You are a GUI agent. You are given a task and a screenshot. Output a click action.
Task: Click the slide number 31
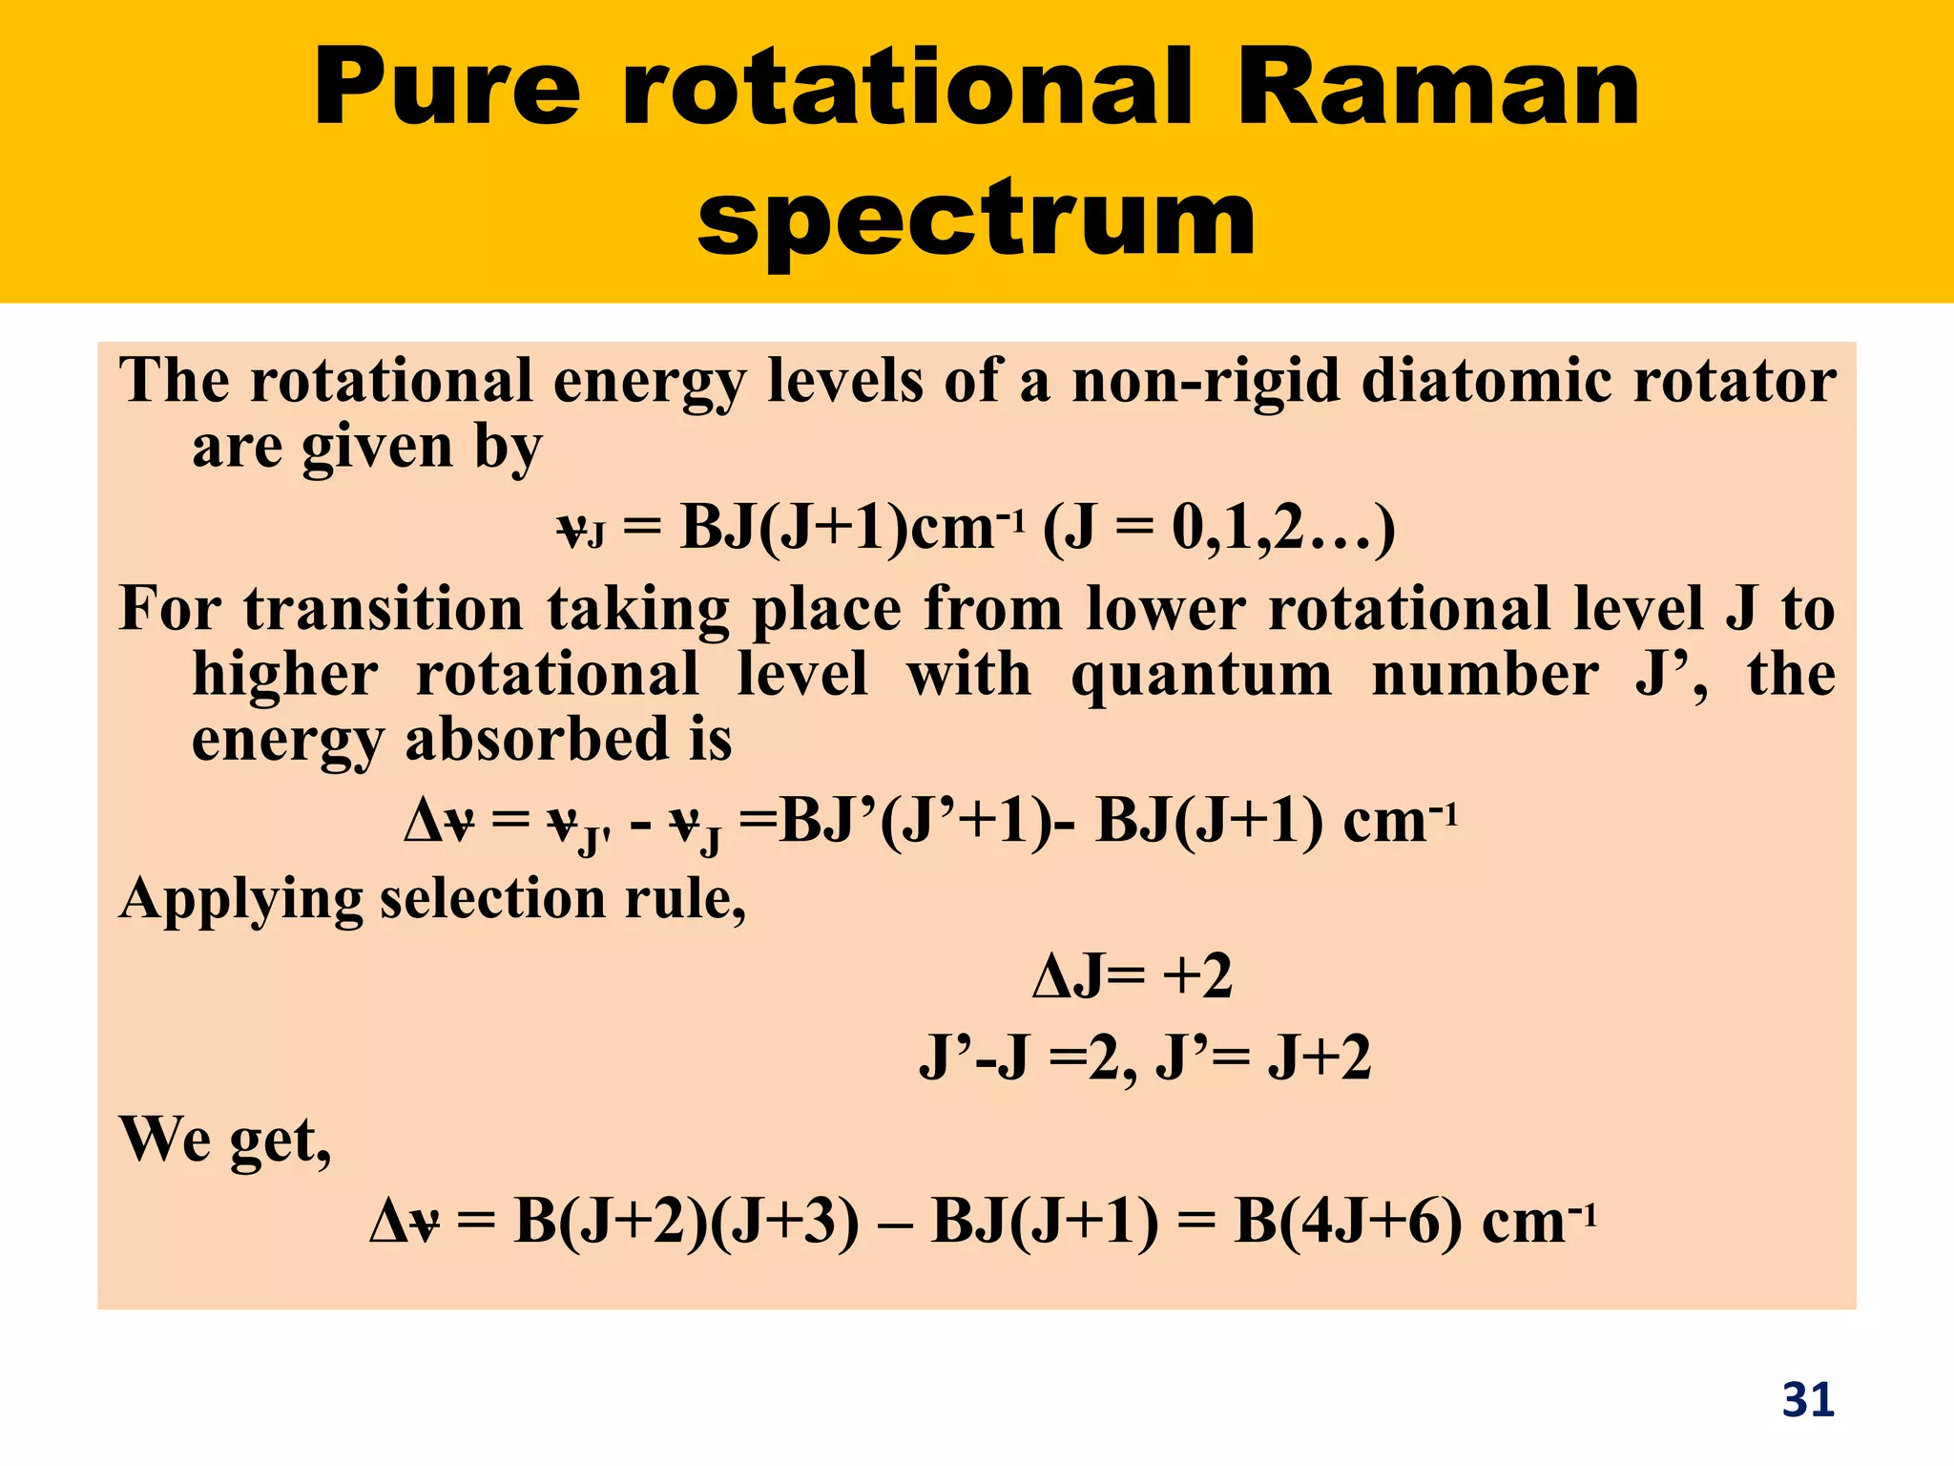(x=1808, y=1399)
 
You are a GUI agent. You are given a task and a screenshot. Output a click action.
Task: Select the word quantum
(x=1201, y=675)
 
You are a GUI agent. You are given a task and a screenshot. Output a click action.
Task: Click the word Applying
(x=240, y=900)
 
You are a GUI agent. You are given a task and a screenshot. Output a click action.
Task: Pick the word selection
(x=492, y=898)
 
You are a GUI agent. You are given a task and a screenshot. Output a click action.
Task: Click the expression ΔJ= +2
(x=1133, y=976)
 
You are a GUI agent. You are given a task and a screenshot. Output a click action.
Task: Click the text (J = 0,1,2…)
(x=1219, y=527)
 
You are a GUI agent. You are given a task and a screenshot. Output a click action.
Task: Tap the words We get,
(x=225, y=1140)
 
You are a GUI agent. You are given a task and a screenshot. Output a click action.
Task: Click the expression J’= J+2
(x=1263, y=1058)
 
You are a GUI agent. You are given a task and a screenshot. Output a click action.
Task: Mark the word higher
(x=285, y=675)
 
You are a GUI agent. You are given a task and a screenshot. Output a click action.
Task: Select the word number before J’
(x=1486, y=675)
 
